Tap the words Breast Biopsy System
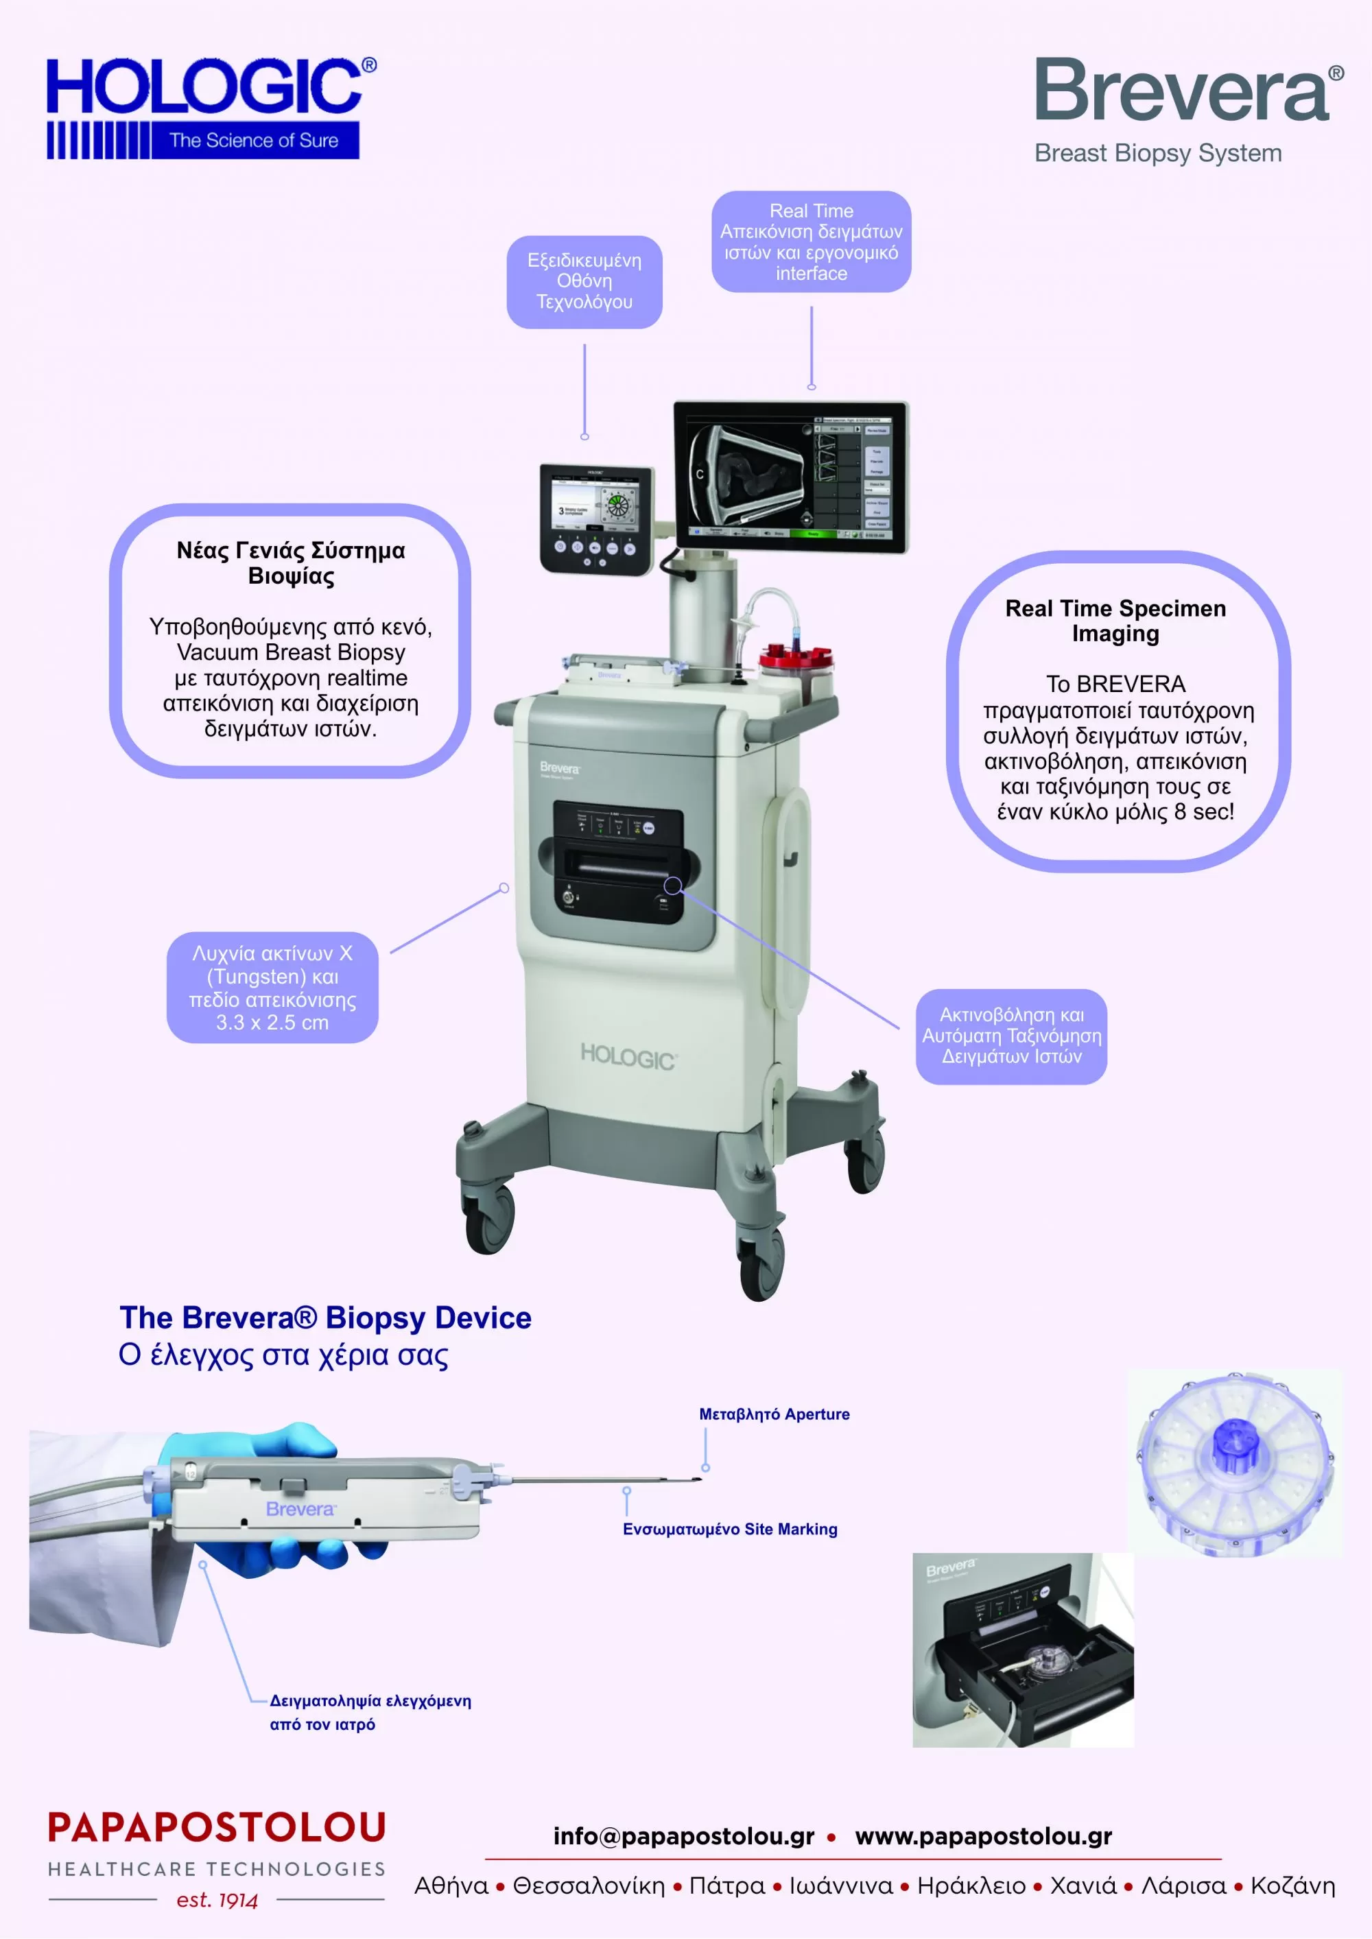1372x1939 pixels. [x=1157, y=154]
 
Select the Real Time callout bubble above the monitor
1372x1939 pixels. [x=811, y=241]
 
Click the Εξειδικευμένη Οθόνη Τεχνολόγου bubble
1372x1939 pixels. [x=584, y=281]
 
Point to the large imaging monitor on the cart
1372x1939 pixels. [x=790, y=477]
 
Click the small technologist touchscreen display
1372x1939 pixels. [x=596, y=517]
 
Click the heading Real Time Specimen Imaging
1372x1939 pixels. [x=1115, y=620]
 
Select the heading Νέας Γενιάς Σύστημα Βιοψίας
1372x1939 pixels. [x=291, y=562]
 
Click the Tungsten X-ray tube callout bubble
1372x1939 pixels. [x=272, y=986]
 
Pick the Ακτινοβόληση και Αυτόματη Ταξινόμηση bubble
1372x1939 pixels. [x=1011, y=1036]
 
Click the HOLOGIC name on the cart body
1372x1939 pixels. [x=628, y=1056]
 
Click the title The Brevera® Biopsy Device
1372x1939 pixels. [x=325, y=1318]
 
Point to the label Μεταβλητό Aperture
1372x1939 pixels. [x=774, y=1414]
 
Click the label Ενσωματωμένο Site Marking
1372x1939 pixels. [x=730, y=1529]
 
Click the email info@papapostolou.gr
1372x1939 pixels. [x=683, y=1836]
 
